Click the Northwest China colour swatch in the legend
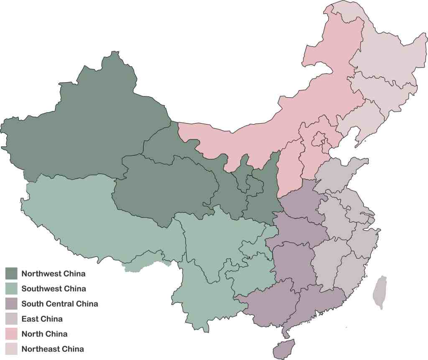(x=11, y=274)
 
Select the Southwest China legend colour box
(x=11, y=289)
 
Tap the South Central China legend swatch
(x=11, y=304)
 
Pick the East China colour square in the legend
(x=11, y=319)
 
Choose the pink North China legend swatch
(x=11, y=334)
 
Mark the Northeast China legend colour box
(x=11, y=349)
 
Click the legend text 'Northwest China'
(x=53, y=274)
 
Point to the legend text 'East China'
(x=42, y=319)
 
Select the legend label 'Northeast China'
(x=53, y=349)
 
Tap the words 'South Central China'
(x=60, y=304)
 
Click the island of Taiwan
(x=379, y=292)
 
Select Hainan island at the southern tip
(x=284, y=349)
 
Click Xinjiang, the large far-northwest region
(x=84, y=125)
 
